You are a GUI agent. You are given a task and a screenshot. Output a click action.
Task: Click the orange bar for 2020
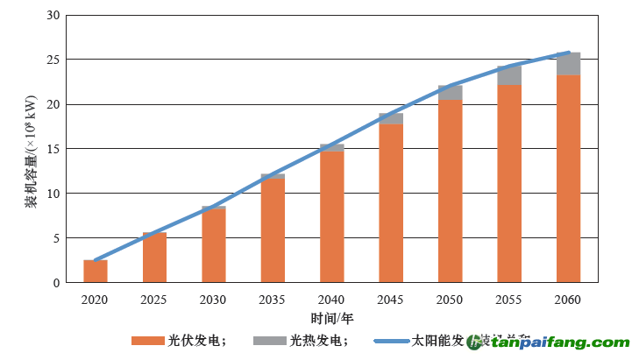(x=96, y=272)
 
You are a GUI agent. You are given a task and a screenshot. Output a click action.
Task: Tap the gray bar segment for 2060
(x=569, y=64)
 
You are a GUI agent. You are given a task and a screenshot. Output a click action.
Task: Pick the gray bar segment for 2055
(x=509, y=75)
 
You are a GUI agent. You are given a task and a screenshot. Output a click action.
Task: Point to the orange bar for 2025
(x=154, y=258)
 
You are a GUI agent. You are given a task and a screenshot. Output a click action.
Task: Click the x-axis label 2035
(x=273, y=300)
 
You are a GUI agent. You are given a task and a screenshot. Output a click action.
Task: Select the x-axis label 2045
(x=391, y=300)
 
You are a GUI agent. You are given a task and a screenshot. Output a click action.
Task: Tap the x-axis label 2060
(x=568, y=300)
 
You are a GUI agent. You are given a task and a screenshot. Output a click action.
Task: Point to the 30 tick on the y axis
(x=54, y=16)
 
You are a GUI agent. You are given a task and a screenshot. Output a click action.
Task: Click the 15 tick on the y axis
(x=54, y=149)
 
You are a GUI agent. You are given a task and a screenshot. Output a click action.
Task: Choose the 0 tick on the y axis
(x=57, y=283)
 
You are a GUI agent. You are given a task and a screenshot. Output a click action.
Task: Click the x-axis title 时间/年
(x=332, y=317)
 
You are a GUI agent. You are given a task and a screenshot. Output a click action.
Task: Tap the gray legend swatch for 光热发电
(x=268, y=341)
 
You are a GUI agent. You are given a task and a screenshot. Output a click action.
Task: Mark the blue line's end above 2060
(x=569, y=53)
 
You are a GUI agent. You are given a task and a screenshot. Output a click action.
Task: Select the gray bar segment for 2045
(x=391, y=118)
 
